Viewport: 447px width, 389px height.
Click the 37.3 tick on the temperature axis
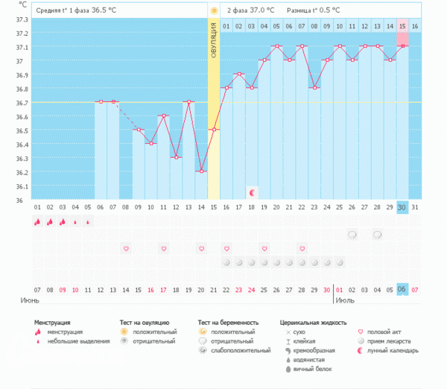click(x=22, y=20)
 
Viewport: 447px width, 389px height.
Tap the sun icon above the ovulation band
click(x=214, y=10)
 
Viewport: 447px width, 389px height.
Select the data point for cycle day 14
click(x=201, y=171)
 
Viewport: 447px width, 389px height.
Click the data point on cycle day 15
click(x=214, y=129)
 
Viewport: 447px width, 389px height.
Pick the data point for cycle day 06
click(x=100, y=101)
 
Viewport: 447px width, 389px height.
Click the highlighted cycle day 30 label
click(x=402, y=206)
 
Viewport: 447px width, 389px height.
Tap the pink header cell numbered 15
click(x=402, y=26)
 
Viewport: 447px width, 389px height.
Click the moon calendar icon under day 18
click(x=252, y=192)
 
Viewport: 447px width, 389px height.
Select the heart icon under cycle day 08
click(x=126, y=248)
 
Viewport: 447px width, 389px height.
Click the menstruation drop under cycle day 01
click(x=37, y=221)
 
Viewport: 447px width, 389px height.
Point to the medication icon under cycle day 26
click(x=352, y=235)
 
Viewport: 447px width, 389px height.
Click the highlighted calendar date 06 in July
click(x=402, y=289)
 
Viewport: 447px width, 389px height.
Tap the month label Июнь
click(x=29, y=300)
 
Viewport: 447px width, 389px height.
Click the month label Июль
click(x=346, y=300)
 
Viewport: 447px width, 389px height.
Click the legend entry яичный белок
click(x=313, y=369)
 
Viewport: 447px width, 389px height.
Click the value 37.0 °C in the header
click(x=261, y=10)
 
